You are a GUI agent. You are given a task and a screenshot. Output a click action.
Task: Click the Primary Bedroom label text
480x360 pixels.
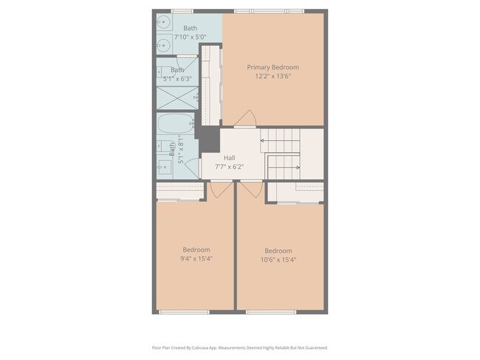coord(272,67)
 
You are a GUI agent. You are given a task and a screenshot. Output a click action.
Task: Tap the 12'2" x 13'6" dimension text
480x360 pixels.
coord(272,76)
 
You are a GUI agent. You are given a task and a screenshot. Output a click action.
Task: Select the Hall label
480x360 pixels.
coord(229,158)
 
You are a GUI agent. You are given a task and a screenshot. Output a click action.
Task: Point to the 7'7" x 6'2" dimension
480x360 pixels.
coord(229,167)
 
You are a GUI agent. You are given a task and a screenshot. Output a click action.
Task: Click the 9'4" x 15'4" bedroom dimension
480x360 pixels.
coord(196,259)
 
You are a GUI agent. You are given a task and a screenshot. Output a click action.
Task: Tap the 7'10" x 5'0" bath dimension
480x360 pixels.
coord(190,37)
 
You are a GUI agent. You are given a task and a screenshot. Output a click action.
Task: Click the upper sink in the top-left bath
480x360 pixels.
coord(163,23)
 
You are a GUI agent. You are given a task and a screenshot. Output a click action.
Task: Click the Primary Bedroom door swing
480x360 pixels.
coord(248,118)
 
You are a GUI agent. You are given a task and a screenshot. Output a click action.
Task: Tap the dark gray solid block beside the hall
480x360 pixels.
coord(210,139)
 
